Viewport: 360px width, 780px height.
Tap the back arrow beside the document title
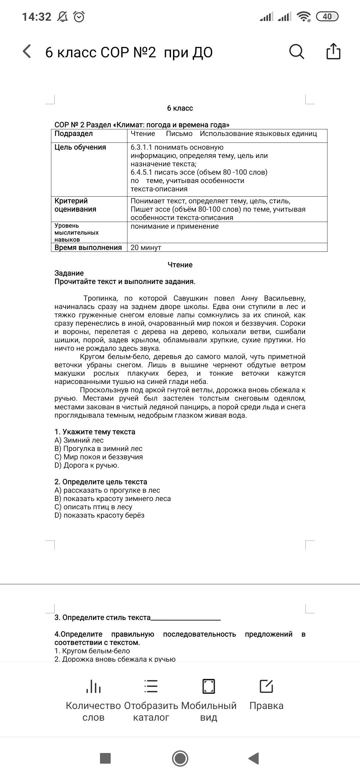[27, 52]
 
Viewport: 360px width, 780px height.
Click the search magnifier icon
[296, 52]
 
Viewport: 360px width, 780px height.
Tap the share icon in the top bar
[333, 51]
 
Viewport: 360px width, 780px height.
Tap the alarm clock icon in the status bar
[79, 16]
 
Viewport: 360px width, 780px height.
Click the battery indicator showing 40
[327, 16]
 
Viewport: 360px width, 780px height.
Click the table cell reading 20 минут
[146, 248]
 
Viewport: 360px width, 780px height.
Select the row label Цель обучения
[80, 147]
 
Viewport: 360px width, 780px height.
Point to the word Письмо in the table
[179, 134]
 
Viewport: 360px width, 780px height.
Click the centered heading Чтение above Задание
[180, 265]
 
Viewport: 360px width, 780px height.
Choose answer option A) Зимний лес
[79, 440]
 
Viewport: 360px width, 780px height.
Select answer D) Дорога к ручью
[87, 465]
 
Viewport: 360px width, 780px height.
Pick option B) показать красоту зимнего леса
[113, 499]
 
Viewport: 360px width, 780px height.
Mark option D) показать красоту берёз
[99, 515]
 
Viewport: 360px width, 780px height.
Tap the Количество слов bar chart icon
[93, 686]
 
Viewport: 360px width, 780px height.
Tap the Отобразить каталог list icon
[151, 686]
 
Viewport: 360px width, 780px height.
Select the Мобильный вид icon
[209, 686]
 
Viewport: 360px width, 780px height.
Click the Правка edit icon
[266, 686]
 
